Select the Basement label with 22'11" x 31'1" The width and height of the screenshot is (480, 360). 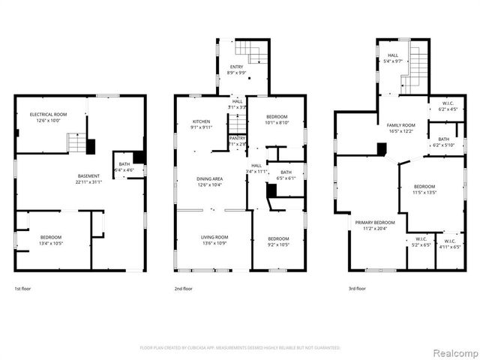click(x=88, y=178)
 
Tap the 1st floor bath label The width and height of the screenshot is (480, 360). click(x=123, y=167)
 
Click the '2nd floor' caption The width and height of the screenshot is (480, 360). click(x=184, y=289)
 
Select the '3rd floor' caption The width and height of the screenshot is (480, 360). click(x=357, y=289)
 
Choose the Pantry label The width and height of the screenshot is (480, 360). click(x=237, y=140)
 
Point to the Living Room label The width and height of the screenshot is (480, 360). click(x=214, y=240)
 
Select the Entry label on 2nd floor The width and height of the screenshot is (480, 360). click(x=236, y=70)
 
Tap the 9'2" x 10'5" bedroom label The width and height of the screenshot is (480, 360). click(x=278, y=240)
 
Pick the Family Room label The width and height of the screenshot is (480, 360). click(x=400, y=127)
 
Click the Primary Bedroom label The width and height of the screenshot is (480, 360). click(x=374, y=225)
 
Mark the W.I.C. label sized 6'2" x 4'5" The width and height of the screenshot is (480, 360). click(x=448, y=106)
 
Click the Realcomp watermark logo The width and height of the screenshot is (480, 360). click(x=452, y=352)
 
